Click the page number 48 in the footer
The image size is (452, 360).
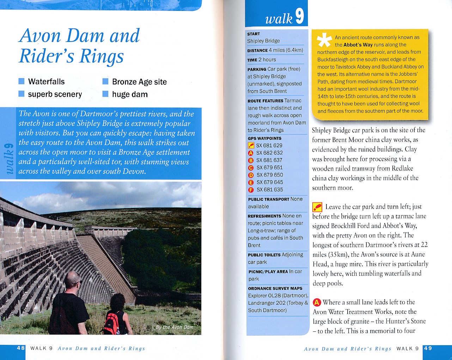click(x=21, y=348)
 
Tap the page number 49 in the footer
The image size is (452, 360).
click(x=428, y=348)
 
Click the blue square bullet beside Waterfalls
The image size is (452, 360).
click(x=22, y=81)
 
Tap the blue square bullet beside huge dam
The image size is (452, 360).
click(x=105, y=94)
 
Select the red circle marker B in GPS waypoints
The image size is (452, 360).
click(x=251, y=160)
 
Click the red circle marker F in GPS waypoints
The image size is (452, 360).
click(x=251, y=190)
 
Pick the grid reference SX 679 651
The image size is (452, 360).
click(x=269, y=167)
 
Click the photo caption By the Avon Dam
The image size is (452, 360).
click(x=175, y=327)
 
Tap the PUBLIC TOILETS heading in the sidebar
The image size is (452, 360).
click(x=264, y=255)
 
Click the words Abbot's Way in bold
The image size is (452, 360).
click(x=358, y=45)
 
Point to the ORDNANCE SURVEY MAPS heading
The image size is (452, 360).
click(x=275, y=288)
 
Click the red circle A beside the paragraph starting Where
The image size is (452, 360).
click(x=317, y=302)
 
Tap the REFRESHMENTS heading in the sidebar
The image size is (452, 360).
click(x=264, y=216)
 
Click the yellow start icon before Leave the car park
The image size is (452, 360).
click(x=317, y=207)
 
